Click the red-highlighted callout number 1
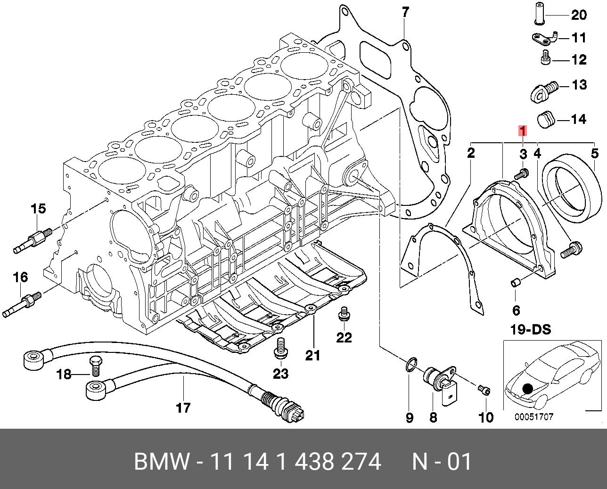coord(522,130)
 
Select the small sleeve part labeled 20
coord(537,14)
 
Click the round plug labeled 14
coord(547,120)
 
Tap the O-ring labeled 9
coord(410,364)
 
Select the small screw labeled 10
coord(484,390)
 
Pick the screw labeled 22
coord(344,314)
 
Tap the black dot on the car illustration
coord(527,389)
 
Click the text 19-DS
coord(530,330)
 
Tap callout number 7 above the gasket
coord(406,12)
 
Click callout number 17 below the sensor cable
coord(183,407)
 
